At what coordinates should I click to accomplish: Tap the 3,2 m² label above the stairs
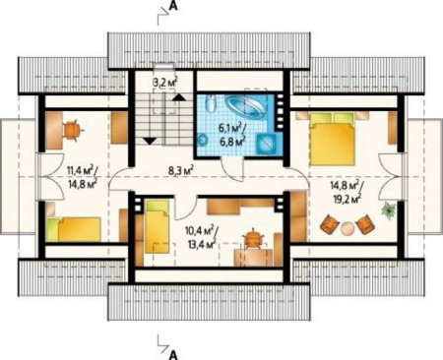[x=165, y=82]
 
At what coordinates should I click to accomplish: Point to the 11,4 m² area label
[x=81, y=170]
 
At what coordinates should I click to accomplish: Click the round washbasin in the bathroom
[x=203, y=141]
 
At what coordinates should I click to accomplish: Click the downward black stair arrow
[x=150, y=141]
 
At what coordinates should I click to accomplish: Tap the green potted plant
[x=388, y=210]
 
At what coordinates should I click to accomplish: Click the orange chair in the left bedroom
[x=72, y=131]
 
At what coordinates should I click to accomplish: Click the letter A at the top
[x=173, y=7]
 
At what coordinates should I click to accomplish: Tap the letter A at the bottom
[x=173, y=354]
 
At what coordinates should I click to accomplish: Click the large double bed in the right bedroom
[x=332, y=139]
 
